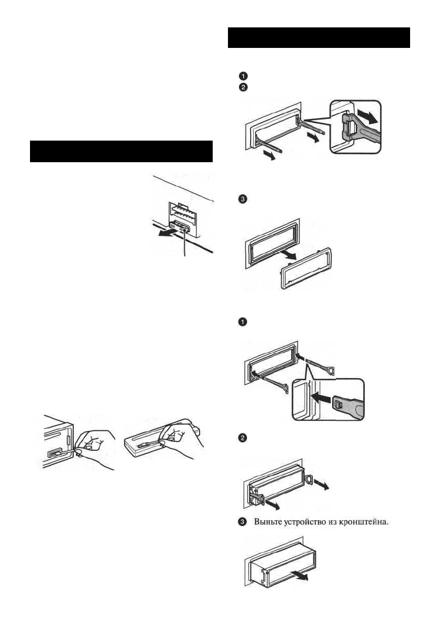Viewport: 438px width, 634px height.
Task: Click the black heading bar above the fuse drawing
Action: [x=121, y=152]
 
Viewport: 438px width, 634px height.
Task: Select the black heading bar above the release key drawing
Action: [x=318, y=37]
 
